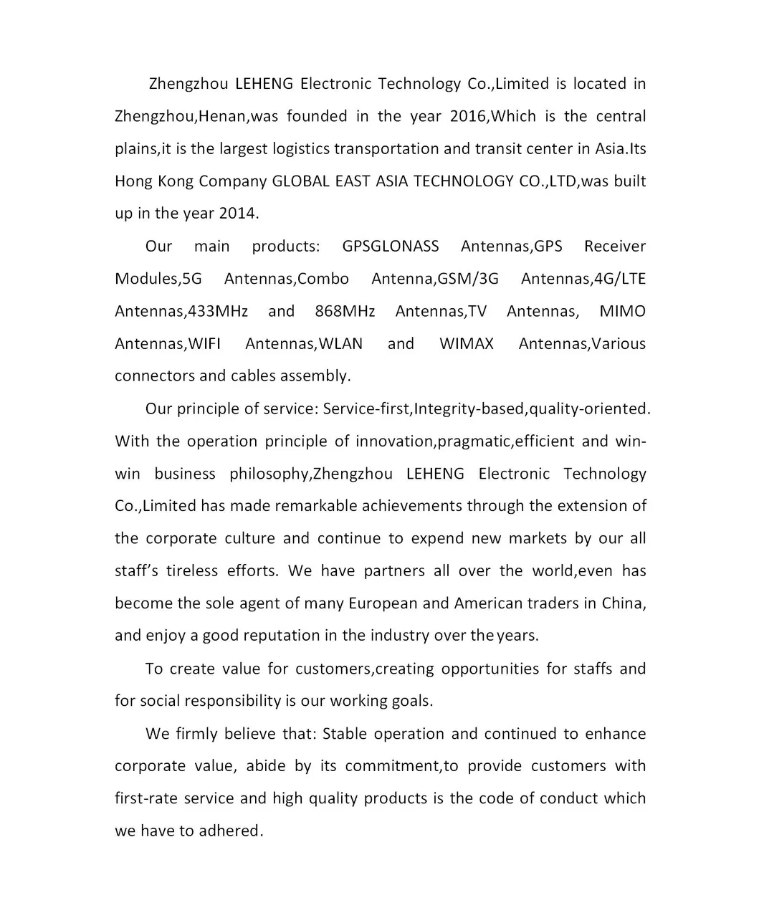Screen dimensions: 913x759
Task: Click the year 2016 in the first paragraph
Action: tap(469, 116)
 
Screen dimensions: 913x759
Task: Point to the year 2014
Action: tap(237, 214)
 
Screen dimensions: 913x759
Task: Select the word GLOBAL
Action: tap(300, 181)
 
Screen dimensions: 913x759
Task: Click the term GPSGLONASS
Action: tap(391, 247)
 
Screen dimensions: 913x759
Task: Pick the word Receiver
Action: tap(615, 247)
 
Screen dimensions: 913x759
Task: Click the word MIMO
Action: tap(622, 311)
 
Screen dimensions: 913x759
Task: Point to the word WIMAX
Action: tap(467, 344)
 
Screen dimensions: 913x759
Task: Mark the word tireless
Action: tap(192, 571)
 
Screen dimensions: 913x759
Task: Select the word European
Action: tap(383, 603)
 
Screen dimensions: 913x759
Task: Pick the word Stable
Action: tap(345, 734)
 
